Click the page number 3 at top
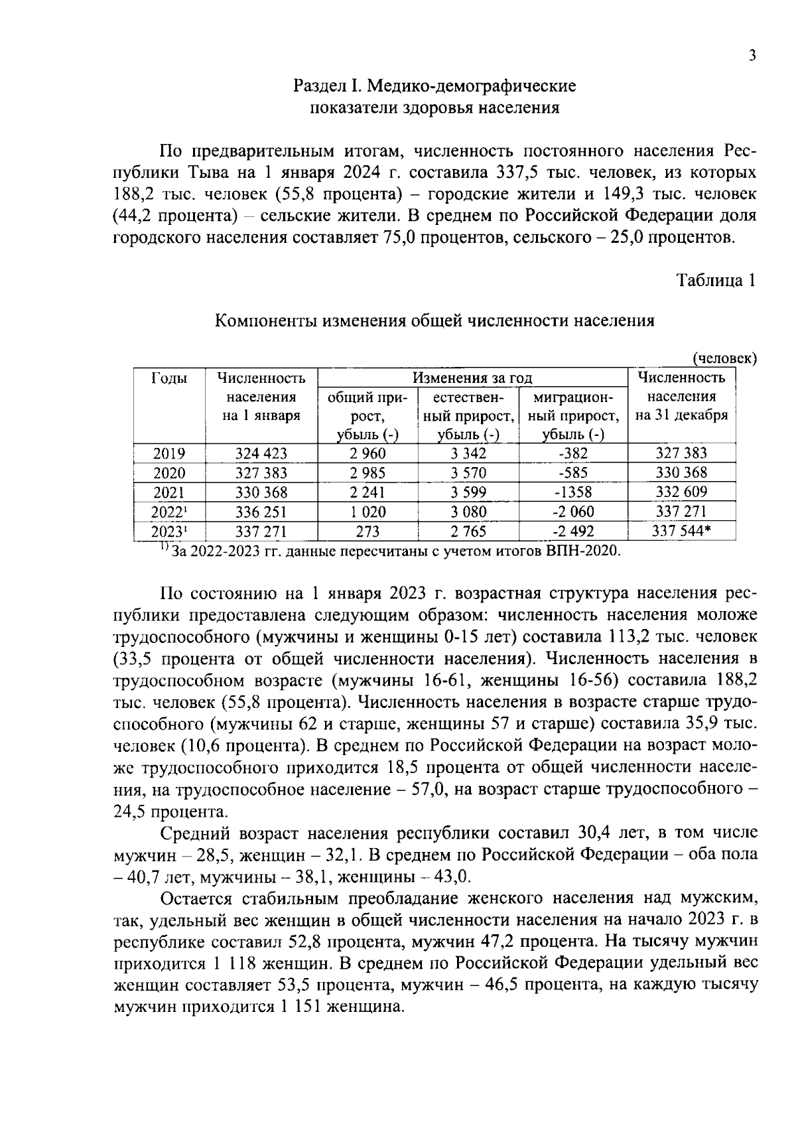click(752, 56)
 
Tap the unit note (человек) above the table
click(724, 359)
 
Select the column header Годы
click(169, 378)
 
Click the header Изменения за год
click(472, 378)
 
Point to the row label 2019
click(169, 454)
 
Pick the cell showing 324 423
click(261, 454)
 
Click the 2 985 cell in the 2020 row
click(367, 473)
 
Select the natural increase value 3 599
click(468, 492)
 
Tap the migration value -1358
click(573, 492)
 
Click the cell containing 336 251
click(261, 512)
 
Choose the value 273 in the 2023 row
click(367, 531)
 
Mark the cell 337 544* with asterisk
click(684, 531)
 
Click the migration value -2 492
click(573, 531)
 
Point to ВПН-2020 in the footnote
click(584, 551)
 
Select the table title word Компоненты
click(266, 321)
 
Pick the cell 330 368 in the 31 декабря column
click(682, 473)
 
